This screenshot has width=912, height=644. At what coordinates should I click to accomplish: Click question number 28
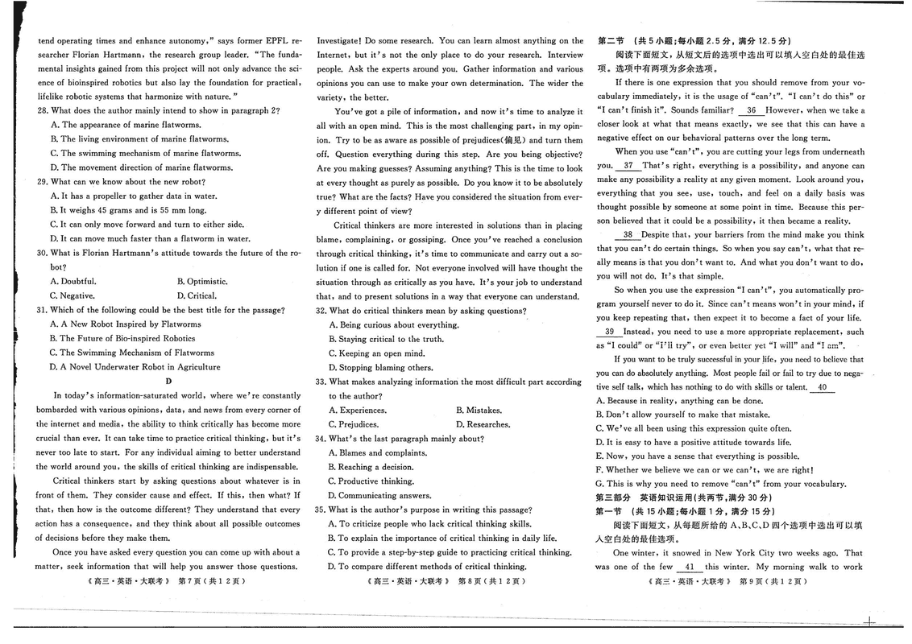[x=43, y=110]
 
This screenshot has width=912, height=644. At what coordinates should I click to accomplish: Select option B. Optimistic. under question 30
[x=202, y=282]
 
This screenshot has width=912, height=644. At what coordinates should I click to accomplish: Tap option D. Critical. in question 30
[x=197, y=295]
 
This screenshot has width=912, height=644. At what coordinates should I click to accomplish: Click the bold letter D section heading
[x=169, y=381]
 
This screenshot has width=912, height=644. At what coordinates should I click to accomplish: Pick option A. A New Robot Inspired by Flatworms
[x=125, y=324]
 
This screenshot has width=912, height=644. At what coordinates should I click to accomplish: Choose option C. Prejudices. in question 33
[x=353, y=424]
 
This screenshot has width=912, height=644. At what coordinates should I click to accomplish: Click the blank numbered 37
[x=628, y=166]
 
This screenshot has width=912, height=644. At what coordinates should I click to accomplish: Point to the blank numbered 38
[x=627, y=234]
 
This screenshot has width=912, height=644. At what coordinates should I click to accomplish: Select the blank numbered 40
[x=822, y=387]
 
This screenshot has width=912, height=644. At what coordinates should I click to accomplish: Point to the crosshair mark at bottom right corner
[x=868, y=621]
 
